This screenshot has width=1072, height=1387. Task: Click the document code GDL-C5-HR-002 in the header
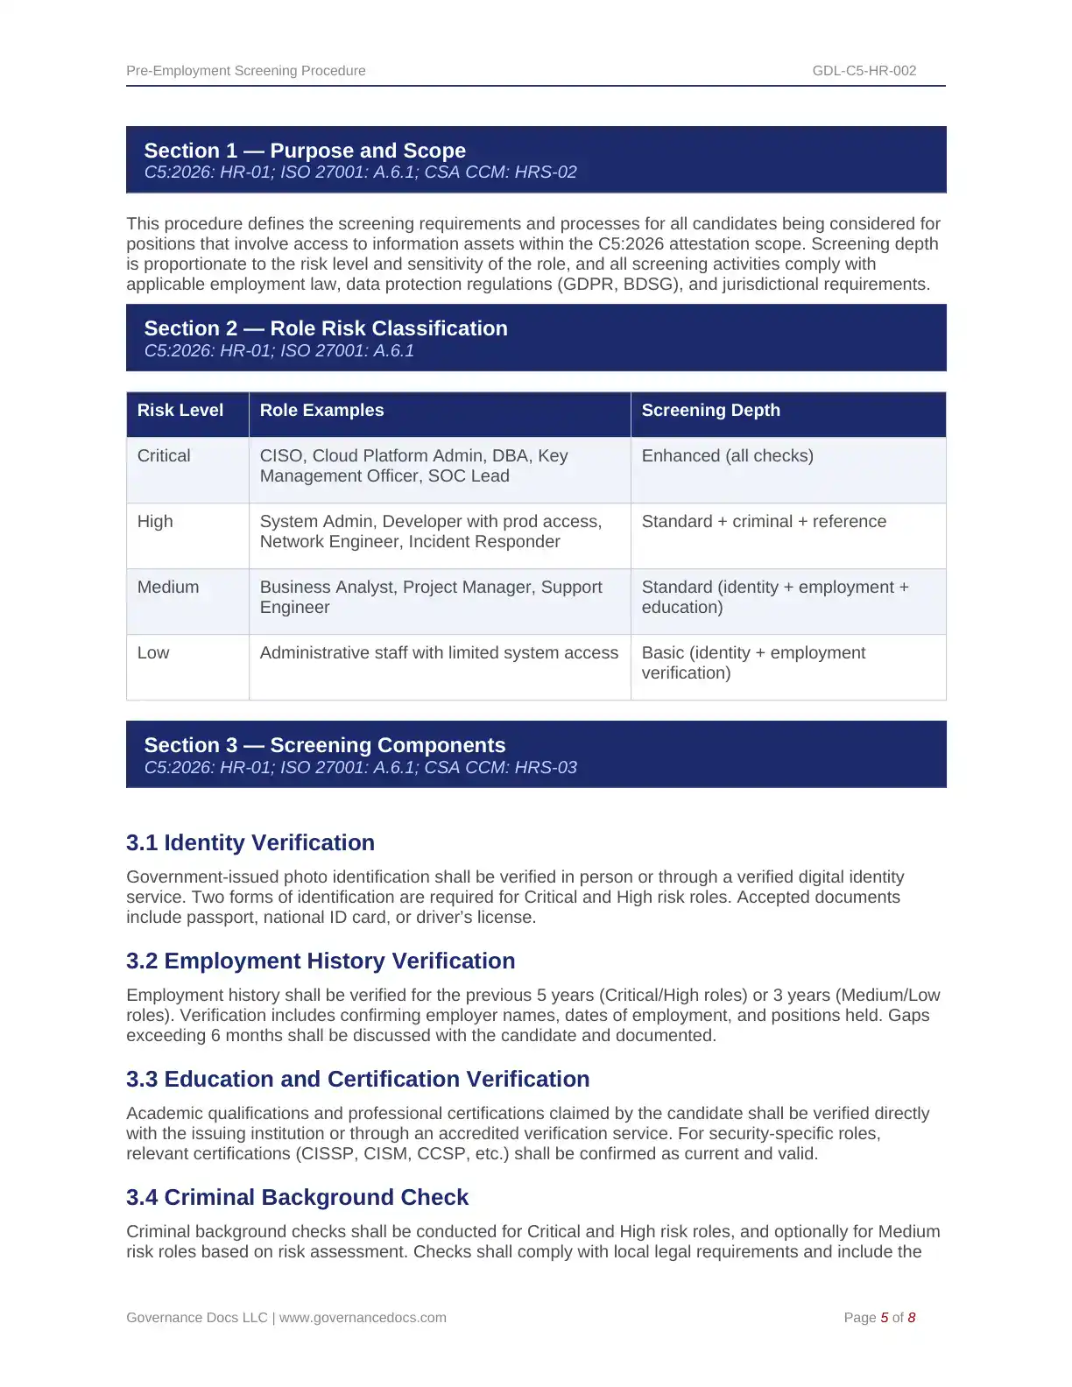tap(864, 71)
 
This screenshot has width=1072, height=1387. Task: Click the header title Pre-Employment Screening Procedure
tap(246, 71)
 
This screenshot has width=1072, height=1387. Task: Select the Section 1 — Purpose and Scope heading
tap(305, 151)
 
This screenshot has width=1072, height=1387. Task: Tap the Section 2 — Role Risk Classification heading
tap(326, 328)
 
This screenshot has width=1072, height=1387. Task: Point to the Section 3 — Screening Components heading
tap(325, 745)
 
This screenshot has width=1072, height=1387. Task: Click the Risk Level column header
tap(180, 411)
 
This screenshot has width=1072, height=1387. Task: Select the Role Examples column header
tap(321, 411)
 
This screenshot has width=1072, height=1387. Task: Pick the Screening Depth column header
tap(710, 411)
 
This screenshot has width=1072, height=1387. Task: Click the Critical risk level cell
tap(164, 456)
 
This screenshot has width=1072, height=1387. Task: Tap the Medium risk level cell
tap(168, 588)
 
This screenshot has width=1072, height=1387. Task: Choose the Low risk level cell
tap(153, 653)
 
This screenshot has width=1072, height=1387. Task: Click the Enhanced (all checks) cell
tap(727, 456)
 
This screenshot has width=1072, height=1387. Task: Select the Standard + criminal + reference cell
tap(764, 522)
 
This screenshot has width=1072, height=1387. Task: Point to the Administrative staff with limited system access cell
tap(439, 653)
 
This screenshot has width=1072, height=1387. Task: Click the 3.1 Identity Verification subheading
tap(250, 842)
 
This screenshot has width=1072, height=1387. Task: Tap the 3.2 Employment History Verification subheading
tap(321, 961)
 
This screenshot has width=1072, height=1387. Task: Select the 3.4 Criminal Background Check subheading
tap(297, 1197)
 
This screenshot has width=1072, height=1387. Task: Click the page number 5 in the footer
tap(885, 1318)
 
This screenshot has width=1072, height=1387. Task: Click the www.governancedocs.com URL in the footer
tap(363, 1318)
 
